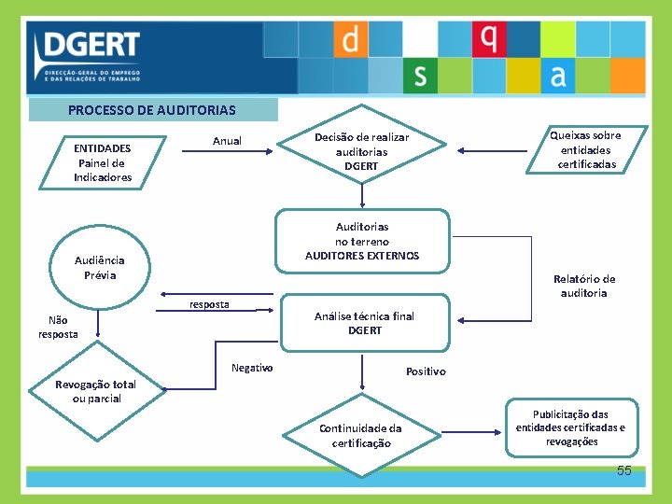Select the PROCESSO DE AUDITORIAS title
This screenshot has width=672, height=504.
pyautogui.click(x=152, y=110)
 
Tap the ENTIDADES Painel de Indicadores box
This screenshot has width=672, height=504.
pyautogui.click(x=103, y=162)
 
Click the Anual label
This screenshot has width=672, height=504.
pyautogui.click(x=227, y=141)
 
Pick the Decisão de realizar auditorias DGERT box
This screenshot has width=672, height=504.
pyautogui.click(x=361, y=151)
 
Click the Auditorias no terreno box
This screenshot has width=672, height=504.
pyautogui.click(x=362, y=241)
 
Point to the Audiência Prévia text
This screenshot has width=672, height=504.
pyautogui.click(x=100, y=268)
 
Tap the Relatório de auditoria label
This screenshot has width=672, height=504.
pyautogui.click(x=584, y=286)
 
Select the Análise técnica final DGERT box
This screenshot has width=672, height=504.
pyautogui.click(x=364, y=323)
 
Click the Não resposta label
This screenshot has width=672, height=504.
pyautogui.click(x=58, y=327)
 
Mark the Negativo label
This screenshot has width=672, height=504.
pyautogui.click(x=252, y=368)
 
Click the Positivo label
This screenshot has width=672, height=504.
pyautogui.click(x=426, y=371)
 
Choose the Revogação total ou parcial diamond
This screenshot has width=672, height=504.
pyautogui.click(x=95, y=391)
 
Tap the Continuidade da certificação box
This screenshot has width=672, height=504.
pyautogui.click(x=360, y=436)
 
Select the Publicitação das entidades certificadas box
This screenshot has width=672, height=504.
pyautogui.click(x=570, y=428)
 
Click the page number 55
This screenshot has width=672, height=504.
pyautogui.click(x=623, y=471)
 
